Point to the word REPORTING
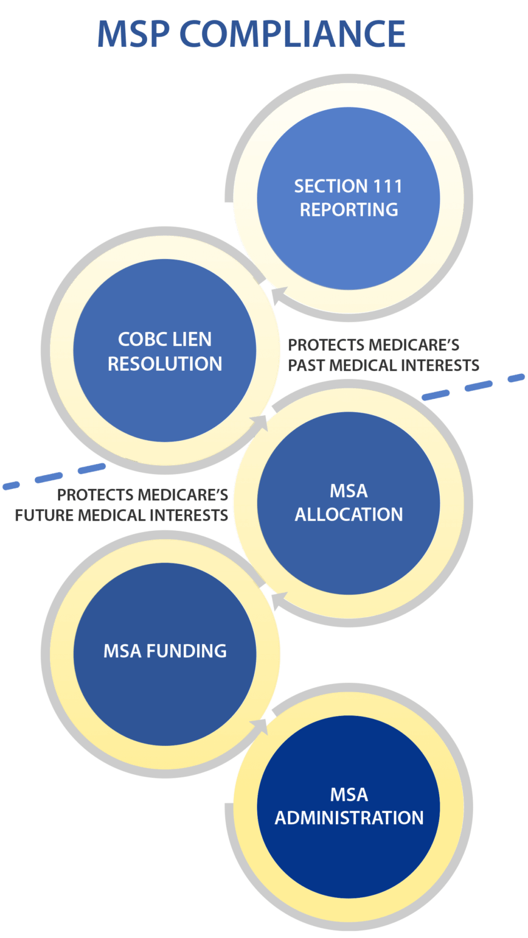(349, 209)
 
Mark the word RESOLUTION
(165, 364)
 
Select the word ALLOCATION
(349, 515)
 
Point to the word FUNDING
(186, 651)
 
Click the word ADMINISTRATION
(349, 818)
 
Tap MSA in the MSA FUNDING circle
(123, 651)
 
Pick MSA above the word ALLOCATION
(349, 491)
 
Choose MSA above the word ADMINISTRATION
(349, 795)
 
